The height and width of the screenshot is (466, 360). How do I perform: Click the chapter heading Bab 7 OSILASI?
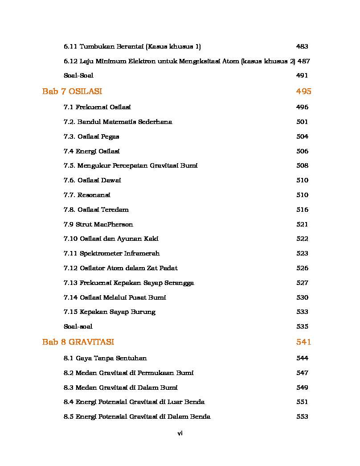(x=72, y=91)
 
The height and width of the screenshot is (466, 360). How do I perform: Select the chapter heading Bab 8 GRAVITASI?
(x=78, y=342)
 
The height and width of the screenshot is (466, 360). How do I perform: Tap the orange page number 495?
(x=303, y=91)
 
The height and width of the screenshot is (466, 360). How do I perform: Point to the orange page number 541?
(x=303, y=342)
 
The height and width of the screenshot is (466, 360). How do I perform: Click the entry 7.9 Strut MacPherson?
(x=98, y=224)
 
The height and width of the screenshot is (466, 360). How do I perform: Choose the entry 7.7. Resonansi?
(x=87, y=195)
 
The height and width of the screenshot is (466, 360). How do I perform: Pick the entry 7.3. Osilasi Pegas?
(x=91, y=136)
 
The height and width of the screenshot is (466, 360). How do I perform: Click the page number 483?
(x=302, y=46)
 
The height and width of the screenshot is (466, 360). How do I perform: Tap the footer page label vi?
(x=180, y=433)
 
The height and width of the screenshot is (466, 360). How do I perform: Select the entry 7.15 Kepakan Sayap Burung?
(x=109, y=312)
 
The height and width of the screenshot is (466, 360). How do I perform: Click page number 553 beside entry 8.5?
(x=302, y=417)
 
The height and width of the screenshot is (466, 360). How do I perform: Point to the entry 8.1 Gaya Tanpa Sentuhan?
(x=105, y=358)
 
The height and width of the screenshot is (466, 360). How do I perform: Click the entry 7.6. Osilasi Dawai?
(x=92, y=180)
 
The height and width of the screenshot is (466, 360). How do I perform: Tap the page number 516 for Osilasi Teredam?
(x=302, y=210)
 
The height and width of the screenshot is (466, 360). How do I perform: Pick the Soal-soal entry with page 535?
(x=78, y=326)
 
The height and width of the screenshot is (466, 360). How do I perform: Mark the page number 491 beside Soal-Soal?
(x=302, y=75)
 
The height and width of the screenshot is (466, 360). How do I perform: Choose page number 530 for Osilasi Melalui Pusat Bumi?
(x=302, y=297)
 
